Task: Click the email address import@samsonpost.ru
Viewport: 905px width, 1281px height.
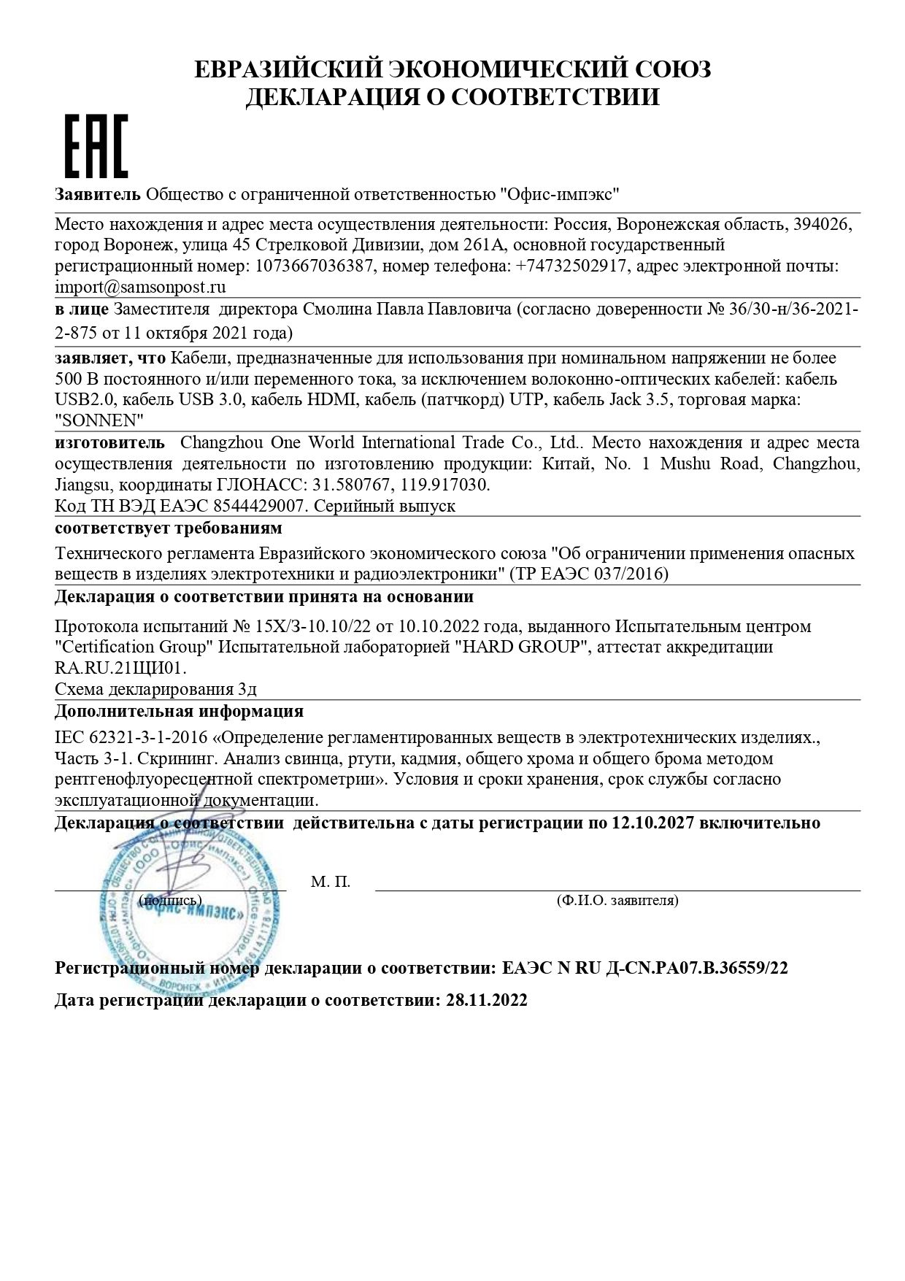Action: pos(140,287)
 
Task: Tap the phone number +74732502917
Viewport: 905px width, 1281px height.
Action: pos(571,266)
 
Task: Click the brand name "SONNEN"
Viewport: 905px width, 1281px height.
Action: pos(99,421)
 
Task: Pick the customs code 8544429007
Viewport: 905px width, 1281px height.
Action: pos(250,506)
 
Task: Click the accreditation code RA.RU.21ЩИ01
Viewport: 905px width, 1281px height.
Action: pos(120,668)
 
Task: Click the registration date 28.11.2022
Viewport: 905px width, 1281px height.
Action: pos(486,1000)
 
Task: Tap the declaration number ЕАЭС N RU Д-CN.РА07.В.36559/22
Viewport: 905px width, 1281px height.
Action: pos(645,969)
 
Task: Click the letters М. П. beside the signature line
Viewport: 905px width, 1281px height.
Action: pos(331,882)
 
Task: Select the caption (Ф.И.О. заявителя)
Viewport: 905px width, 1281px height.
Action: pos(617,901)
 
